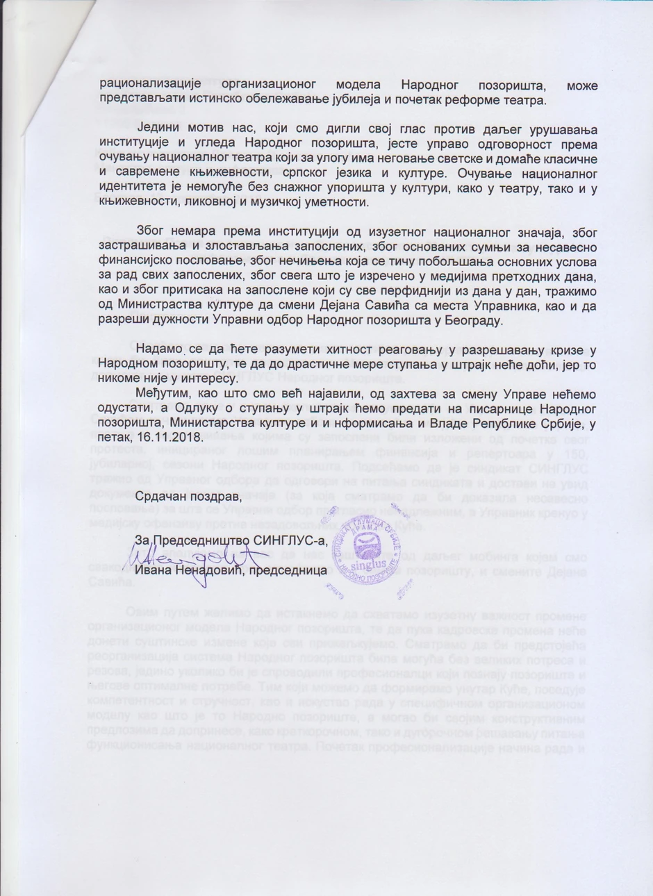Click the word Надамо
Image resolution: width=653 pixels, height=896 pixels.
(159, 349)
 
